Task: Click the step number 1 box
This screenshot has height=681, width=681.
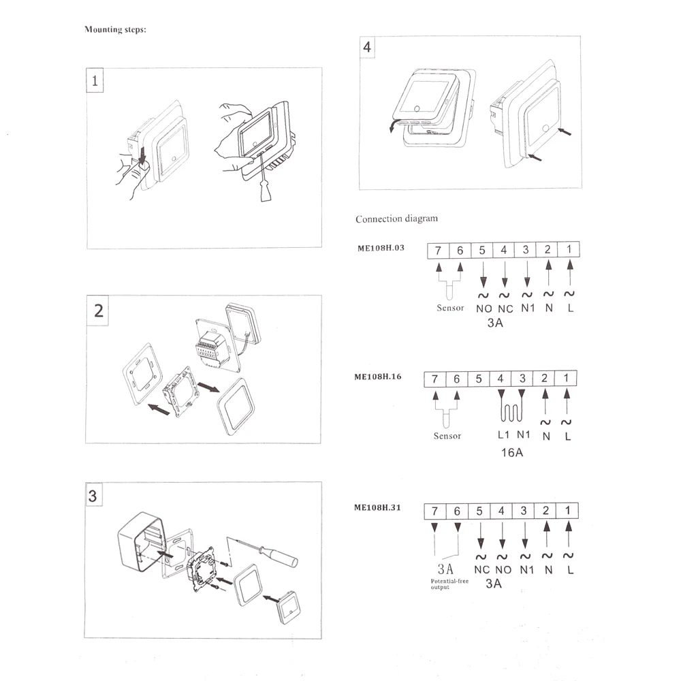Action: (95, 82)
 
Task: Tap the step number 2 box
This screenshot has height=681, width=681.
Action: (99, 311)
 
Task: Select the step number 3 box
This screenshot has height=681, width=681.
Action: (93, 496)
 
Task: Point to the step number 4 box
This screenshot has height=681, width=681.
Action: (368, 48)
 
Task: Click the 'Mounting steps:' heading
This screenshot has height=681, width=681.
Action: (114, 30)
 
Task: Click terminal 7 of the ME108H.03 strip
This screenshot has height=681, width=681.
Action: (438, 251)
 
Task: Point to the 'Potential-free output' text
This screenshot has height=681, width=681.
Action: (449, 584)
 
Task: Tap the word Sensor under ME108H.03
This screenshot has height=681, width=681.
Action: (450, 308)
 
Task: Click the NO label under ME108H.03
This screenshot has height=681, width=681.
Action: (484, 308)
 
